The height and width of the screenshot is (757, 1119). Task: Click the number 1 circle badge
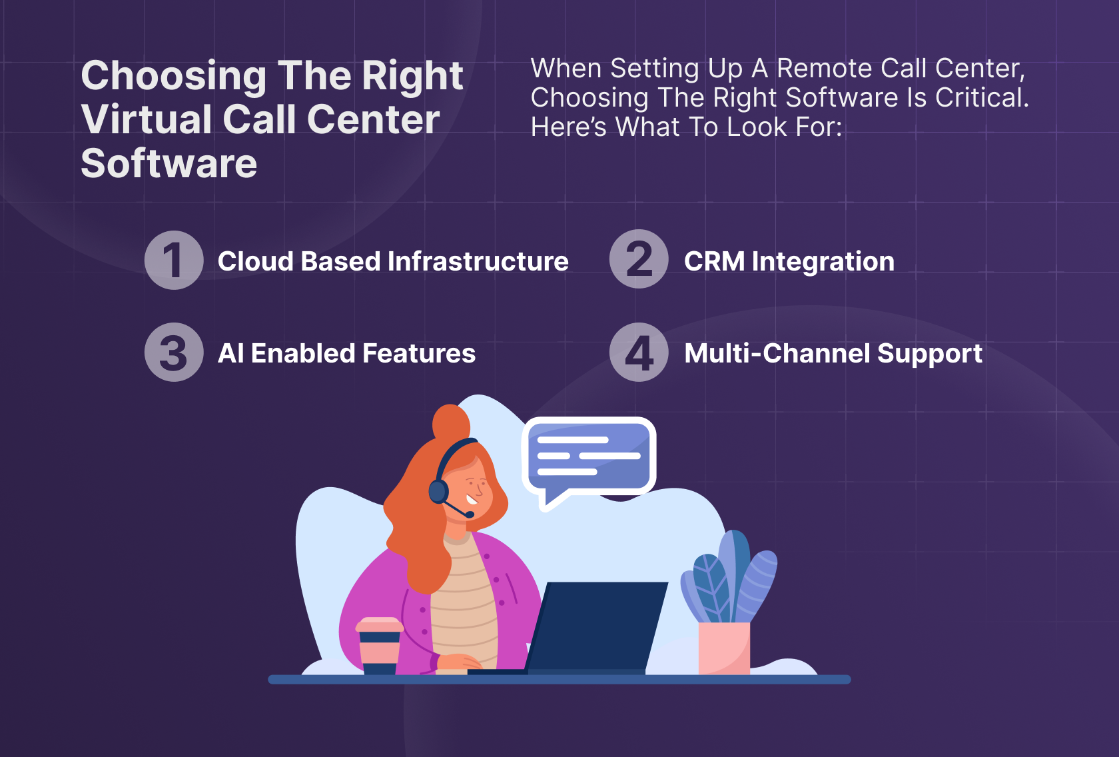pyautogui.click(x=174, y=260)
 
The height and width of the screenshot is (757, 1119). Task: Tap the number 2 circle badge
pyautogui.click(x=639, y=259)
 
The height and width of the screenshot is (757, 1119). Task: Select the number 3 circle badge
pyautogui.click(x=174, y=352)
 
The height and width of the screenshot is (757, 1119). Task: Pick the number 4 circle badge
pyautogui.click(x=639, y=352)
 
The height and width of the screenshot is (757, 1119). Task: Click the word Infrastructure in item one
pyautogui.click(x=478, y=261)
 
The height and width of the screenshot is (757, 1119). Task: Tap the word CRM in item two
pyautogui.click(x=714, y=261)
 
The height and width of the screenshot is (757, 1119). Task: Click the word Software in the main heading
pyautogui.click(x=169, y=163)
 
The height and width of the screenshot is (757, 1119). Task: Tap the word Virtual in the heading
pyautogui.click(x=146, y=119)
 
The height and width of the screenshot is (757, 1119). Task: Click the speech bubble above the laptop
pyautogui.click(x=589, y=456)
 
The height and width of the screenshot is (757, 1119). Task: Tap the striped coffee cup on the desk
pyautogui.click(x=380, y=645)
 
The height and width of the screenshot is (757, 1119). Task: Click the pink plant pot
pyautogui.click(x=724, y=648)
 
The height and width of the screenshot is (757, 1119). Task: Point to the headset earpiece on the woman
pyautogui.click(x=438, y=491)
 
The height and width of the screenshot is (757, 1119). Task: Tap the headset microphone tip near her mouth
pyautogui.click(x=470, y=514)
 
